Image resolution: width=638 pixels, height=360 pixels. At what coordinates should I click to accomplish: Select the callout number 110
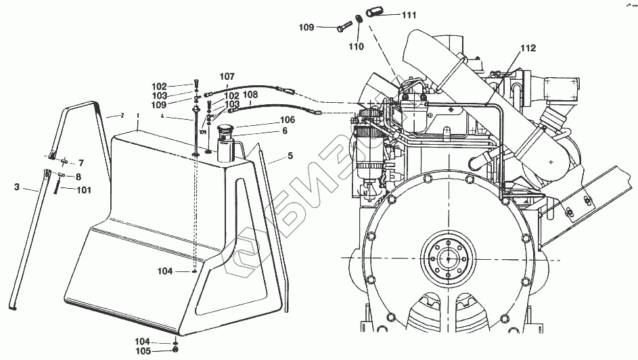click(x=356, y=47)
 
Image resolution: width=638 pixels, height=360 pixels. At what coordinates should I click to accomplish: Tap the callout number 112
click(x=528, y=48)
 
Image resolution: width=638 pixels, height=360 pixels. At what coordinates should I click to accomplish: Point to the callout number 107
click(x=227, y=76)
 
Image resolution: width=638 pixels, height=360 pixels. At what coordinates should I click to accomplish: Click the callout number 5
click(x=290, y=156)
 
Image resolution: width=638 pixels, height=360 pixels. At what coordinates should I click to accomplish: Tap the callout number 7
click(x=81, y=163)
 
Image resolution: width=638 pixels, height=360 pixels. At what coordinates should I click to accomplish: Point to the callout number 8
click(x=78, y=177)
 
